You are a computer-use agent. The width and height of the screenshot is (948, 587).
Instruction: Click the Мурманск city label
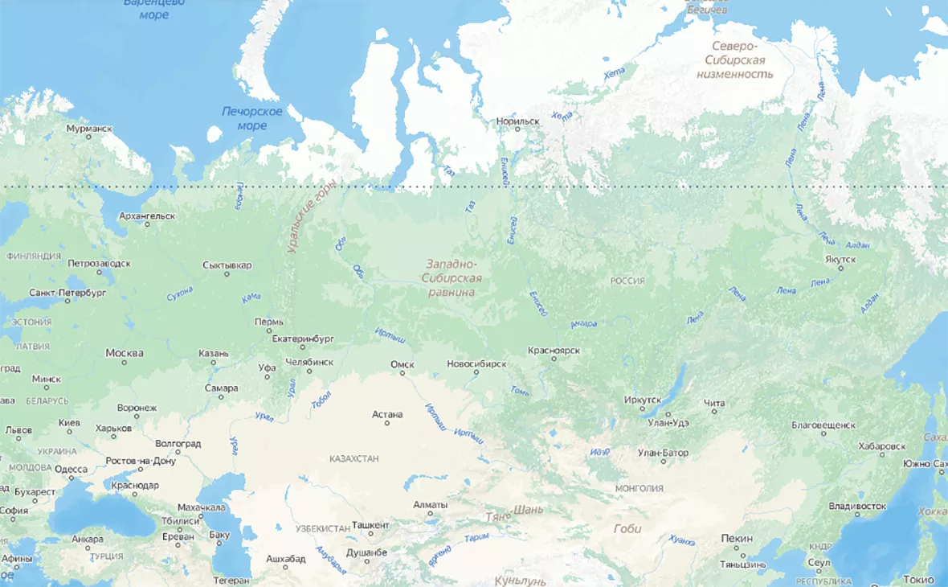click(x=89, y=128)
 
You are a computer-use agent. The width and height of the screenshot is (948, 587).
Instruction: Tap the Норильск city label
click(x=518, y=121)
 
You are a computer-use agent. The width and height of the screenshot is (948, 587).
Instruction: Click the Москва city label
click(x=125, y=353)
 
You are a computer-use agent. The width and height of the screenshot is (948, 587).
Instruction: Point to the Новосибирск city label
click(x=476, y=363)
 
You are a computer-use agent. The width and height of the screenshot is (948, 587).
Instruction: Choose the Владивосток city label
click(x=857, y=507)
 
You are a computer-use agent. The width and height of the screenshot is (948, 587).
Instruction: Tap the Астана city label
click(x=387, y=414)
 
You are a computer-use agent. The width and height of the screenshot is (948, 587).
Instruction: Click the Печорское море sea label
click(x=252, y=118)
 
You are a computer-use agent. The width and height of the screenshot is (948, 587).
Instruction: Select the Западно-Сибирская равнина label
click(x=452, y=277)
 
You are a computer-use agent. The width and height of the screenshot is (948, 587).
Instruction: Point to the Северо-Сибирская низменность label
click(x=738, y=60)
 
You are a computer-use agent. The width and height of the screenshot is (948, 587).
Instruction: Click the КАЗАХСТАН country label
click(x=353, y=458)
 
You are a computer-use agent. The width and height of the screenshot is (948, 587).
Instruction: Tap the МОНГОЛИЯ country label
click(x=639, y=488)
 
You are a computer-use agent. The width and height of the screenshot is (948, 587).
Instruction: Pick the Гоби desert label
click(x=627, y=528)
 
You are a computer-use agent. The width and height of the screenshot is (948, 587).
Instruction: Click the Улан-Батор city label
click(x=663, y=453)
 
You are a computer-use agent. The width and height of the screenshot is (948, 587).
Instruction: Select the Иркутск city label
click(x=643, y=400)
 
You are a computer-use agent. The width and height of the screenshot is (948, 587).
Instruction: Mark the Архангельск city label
click(x=146, y=216)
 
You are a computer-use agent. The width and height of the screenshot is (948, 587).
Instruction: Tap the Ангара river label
click(x=583, y=324)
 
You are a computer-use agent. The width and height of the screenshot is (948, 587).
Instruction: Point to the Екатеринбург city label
click(x=303, y=339)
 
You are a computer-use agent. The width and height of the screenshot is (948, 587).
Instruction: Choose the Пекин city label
click(x=737, y=539)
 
